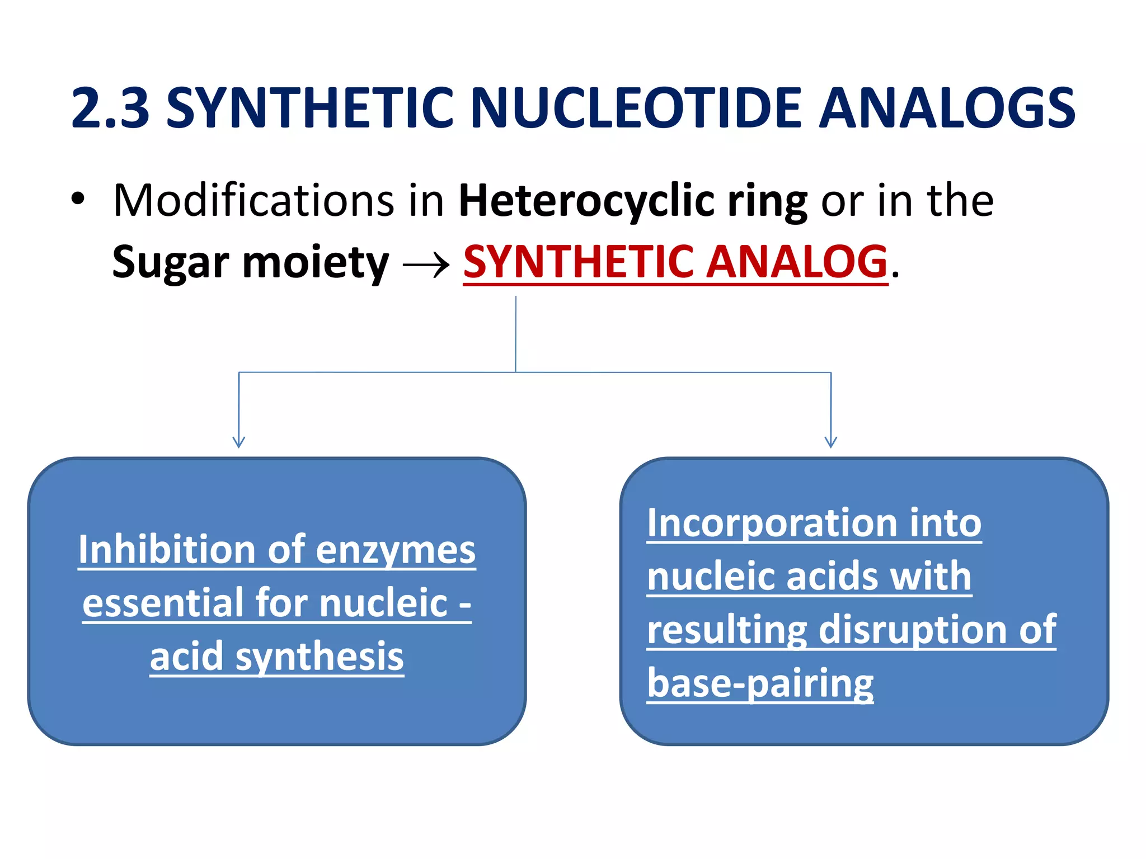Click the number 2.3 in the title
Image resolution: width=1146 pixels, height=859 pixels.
tap(111, 108)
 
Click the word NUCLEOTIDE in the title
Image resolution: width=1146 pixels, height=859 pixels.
tap(636, 108)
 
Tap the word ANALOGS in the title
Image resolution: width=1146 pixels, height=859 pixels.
tap(947, 108)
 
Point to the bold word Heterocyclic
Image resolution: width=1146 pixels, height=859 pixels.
tap(586, 201)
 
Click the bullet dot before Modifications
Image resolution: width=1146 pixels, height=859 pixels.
tap(78, 199)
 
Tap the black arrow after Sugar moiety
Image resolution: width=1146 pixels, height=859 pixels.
tap(426, 264)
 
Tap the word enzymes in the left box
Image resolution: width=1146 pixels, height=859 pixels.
tap(396, 551)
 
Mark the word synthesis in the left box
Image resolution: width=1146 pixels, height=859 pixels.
tap(319, 657)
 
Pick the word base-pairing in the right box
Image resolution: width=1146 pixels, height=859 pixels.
tap(760, 684)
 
